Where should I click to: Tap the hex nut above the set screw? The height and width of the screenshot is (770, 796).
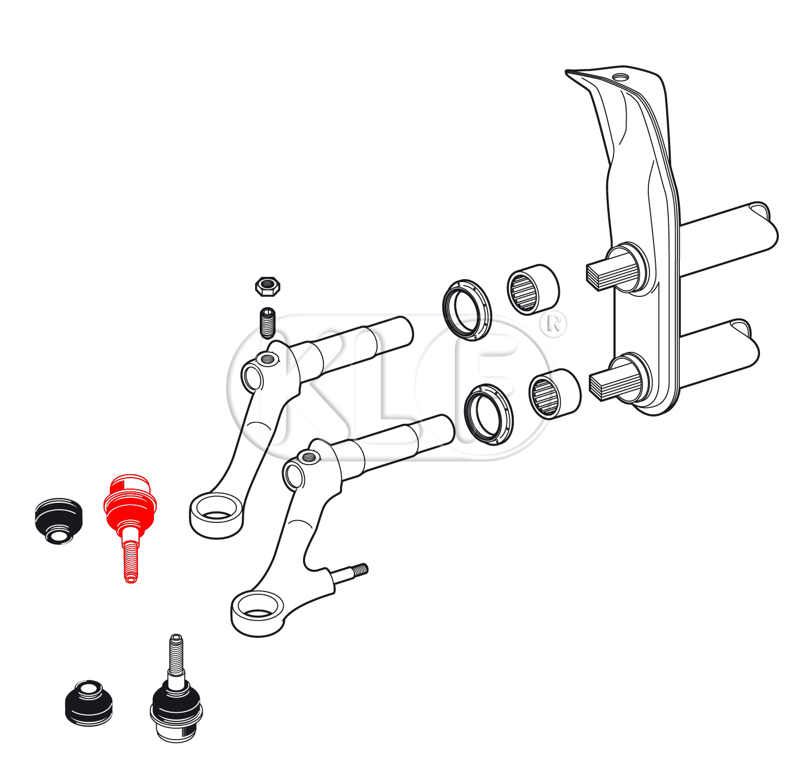click(x=267, y=287)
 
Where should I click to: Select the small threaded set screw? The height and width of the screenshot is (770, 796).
click(x=268, y=323)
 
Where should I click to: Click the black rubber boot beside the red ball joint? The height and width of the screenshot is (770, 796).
click(x=58, y=521)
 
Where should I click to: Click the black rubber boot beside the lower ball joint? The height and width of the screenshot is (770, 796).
click(x=89, y=703)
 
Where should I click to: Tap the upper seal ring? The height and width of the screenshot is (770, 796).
click(x=467, y=311)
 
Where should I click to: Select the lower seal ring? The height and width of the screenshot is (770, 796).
click(x=489, y=415)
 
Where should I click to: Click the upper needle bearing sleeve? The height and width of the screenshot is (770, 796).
click(x=533, y=289)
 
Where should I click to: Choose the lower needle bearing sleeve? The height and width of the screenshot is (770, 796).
click(x=555, y=394)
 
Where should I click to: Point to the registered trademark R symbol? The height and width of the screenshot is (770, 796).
click(x=554, y=324)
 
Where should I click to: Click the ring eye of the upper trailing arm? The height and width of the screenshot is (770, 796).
click(x=217, y=515)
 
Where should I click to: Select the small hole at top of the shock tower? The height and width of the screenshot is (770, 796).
click(x=621, y=77)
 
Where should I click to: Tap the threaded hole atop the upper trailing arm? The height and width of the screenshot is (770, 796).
click(x=267, y=360)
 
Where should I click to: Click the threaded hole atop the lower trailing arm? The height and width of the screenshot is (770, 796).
click(x=308, y=457)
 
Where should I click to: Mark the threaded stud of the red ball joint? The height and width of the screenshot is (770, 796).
click(x=130, y=561)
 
